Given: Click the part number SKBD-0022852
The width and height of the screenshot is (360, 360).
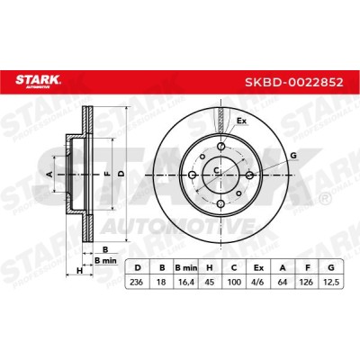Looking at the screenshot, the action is (x=294, y=82).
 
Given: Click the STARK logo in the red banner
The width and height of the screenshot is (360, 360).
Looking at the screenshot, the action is (x=38, y=81).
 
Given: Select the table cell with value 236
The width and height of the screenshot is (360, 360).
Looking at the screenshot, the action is (x=137, y=282).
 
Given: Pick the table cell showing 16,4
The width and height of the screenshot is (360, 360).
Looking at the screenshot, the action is (x=185, y=282).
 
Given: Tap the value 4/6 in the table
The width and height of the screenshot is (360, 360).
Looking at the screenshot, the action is (x=258, y=282).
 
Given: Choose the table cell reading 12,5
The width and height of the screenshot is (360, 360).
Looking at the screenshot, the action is (x=331, y=282).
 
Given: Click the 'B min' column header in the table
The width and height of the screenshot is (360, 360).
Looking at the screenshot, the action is (x=185, y=268).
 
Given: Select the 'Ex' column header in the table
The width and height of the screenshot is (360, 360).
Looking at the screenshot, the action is (x=258, y=268).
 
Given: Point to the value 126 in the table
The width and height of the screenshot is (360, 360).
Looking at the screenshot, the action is (x=307, y=282).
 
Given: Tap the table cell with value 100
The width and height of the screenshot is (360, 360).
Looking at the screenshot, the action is (x=234, y=282).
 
